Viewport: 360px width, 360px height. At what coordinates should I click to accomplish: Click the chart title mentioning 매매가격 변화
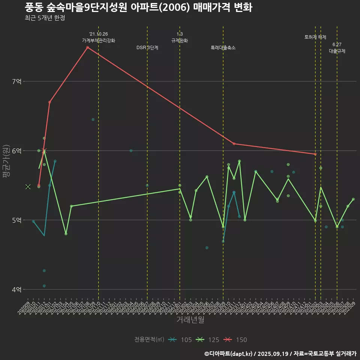pyautogui.click(x=138, y=7)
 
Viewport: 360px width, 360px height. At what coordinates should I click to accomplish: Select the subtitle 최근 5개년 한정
pyautogui.click(x=45, y=18)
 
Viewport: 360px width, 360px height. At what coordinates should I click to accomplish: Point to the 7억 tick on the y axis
pyautogui.click(x=16, y=81)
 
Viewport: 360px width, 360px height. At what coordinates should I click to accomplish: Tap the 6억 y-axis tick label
pyautogui.click(x=16, y=151)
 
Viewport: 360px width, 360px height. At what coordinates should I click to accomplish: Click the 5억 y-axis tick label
pyautogui.click(x=16, y=220)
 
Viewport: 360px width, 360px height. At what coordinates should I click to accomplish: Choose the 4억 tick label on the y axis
pyautogui.click(x=16, y=289)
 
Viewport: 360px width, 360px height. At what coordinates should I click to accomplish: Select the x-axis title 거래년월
pyautogui.click(x=190, y=320)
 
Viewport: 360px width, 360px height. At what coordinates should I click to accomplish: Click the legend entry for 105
pyautogui.click(x=180, y=340)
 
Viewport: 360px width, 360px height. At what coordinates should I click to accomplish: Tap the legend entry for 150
pyautogui.click(x=235, y=340)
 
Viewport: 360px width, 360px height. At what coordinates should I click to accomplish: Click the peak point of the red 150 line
pyautogui.click(x=87, y=47)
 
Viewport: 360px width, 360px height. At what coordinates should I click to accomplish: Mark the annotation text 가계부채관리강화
pyautogui.click(x=99, y=40)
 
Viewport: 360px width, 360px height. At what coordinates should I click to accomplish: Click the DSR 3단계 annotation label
pyautogui.click(x=147, y=48)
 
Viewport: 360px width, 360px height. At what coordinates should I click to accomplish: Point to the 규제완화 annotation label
pyautogui.click(x=180, y=40)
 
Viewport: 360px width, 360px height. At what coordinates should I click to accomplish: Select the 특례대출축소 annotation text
pyautogui.click(x=223, y=48)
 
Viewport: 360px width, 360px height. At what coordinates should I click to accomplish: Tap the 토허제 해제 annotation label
pyautogui.click(x=315, y=37)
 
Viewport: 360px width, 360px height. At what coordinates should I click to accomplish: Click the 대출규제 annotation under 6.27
pyautogui.click(x=337, y=51)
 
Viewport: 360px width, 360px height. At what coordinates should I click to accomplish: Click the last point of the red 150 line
pyautogui.click(x=315, y=154)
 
